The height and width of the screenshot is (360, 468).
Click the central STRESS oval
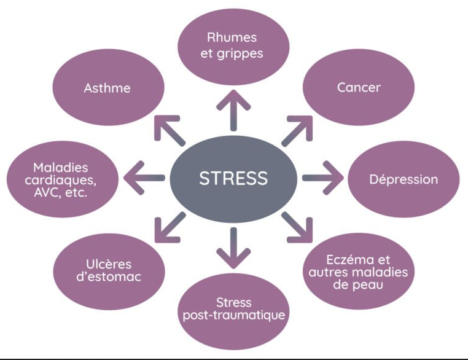click(233, 178)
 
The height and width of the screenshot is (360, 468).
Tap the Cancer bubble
click(359, 87)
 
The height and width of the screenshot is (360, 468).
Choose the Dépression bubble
click(404, 179)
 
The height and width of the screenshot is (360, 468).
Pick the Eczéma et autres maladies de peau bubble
click(359, 271)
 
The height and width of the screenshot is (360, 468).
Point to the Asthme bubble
click(107, 87)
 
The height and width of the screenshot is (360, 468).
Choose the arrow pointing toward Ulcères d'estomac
click(169, 227)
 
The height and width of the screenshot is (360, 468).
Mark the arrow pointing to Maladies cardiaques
click(143, 178)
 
